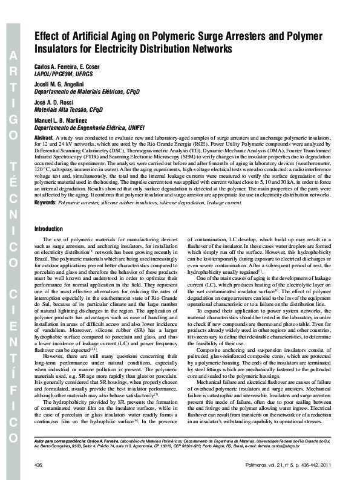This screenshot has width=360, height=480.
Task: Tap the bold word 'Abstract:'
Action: [x=44, y=138]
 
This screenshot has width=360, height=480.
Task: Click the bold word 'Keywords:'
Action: [x=46, y=219]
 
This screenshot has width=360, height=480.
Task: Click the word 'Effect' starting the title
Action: [x=48, y=36]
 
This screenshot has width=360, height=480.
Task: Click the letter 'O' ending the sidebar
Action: [x=13, y=433]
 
